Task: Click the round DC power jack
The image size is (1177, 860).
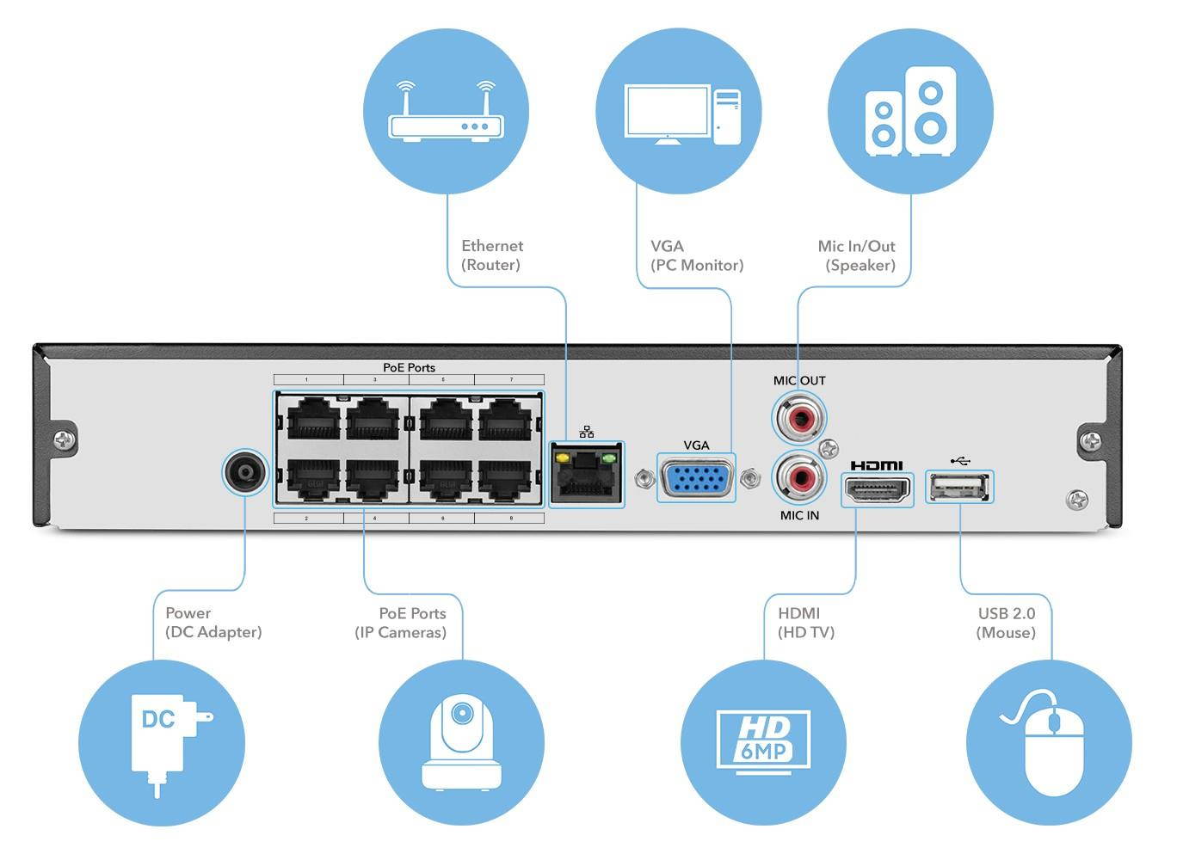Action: click(x=245, y=473)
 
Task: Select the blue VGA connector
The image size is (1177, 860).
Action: click(x=696, y=477)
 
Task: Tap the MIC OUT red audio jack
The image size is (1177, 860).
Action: click(x=798, y=418)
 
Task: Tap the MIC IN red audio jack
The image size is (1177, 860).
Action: click(x=798, y=477)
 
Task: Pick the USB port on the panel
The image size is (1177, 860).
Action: click(x=959, y=487)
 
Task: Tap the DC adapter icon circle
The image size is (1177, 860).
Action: click(x=162, y=742)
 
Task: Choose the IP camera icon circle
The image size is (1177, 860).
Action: click(x=462, y=742)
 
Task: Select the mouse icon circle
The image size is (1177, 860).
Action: click(x=1049, y=742)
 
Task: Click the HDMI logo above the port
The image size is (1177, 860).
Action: click(x=877, y=465)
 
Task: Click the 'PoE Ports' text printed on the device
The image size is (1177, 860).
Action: click(x=409, y=367)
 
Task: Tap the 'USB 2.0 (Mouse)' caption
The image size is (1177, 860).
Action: click(x=1006, y=623)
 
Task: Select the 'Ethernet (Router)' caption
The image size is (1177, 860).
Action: click(x=491, y=255)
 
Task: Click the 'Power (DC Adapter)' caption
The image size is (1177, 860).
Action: click(x=213, y=623)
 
